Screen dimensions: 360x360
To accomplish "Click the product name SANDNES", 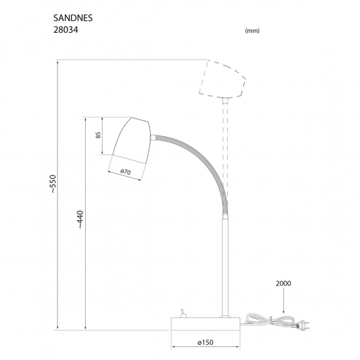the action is tap(73, 18).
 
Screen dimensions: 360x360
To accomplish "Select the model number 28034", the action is tap(65, 30).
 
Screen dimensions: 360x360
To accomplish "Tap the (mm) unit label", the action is tap(252, 31).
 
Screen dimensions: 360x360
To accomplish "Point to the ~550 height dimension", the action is tap(53, 184).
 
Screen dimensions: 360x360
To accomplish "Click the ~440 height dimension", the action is tap(81, 219).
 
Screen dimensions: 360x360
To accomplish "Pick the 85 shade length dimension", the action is tap(98, 135).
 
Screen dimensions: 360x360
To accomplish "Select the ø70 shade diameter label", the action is tap(126, 171).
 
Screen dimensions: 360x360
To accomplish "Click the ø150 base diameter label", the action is tap(206, 342).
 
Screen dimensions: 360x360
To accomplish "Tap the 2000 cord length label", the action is tap(283, 283).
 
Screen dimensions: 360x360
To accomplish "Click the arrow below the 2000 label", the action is tap(283, 300).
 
